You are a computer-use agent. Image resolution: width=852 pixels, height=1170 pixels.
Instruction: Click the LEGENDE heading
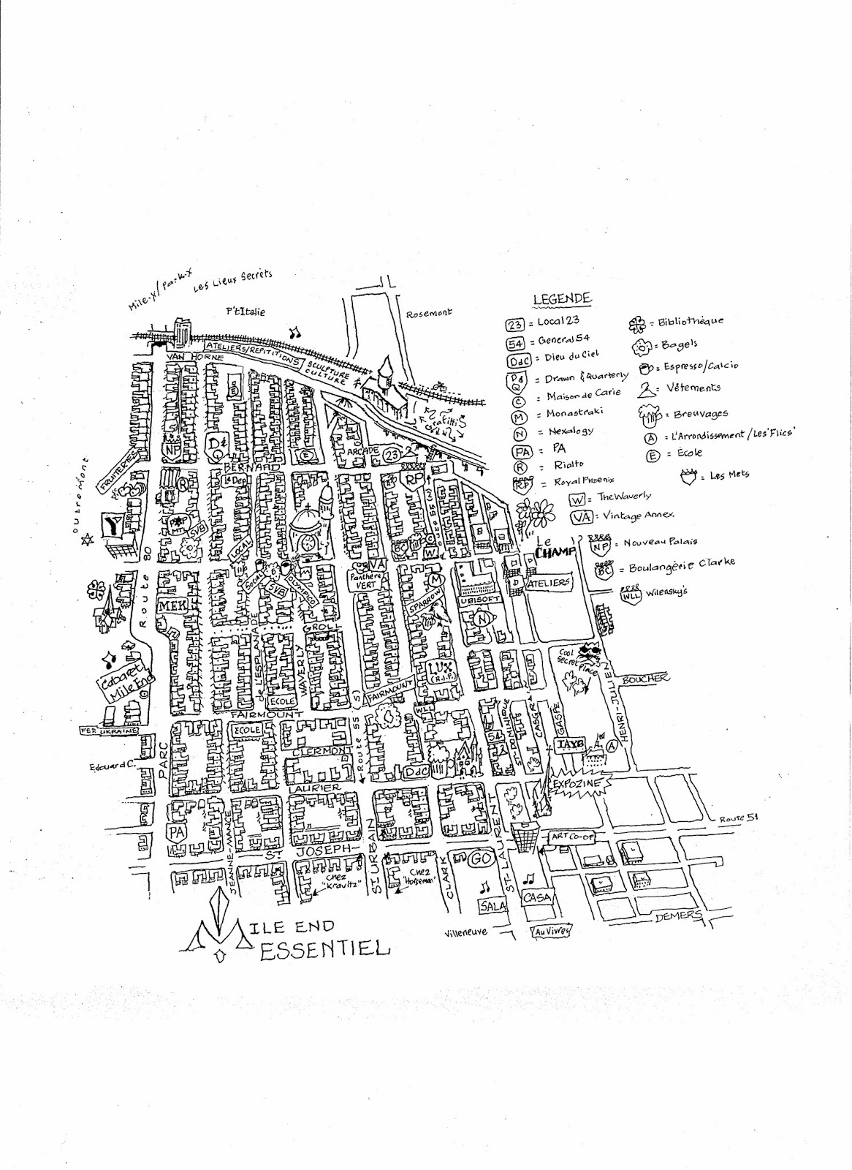(x=561, y=299)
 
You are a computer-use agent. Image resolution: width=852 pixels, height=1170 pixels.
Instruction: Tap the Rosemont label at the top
(x=430, y=314)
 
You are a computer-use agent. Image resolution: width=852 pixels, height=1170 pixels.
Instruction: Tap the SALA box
(x=492, y=905)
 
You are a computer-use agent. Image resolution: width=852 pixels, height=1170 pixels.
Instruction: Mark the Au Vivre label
(x=550, y=932)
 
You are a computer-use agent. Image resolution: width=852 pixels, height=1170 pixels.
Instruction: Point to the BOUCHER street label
(x=644, y=679)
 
